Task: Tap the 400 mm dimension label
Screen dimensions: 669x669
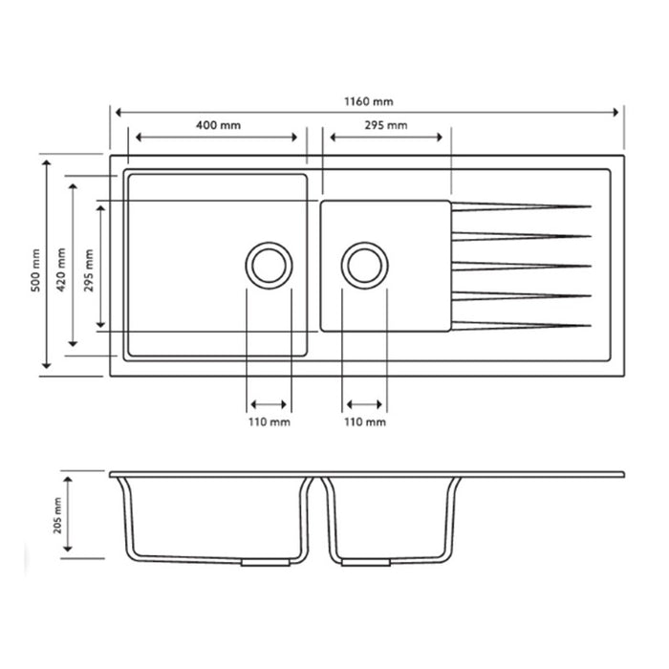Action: click(218, 125)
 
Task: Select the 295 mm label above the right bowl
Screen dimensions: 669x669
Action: click(385, 125)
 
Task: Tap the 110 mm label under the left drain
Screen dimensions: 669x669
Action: click(269, 421)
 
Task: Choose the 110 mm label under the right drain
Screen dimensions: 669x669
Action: click(364, 421)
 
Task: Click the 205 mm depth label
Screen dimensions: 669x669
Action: click(56, 516)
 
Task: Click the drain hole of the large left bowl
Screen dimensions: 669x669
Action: click(269, 265)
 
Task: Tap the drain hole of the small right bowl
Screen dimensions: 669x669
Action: click(365, 265)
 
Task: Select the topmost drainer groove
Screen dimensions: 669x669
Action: click(521, 206)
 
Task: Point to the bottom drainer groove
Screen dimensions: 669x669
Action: click(521, 324)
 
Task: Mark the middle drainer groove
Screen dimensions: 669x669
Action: click(521, 265)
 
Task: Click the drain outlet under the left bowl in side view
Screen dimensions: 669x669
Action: click(265, 564)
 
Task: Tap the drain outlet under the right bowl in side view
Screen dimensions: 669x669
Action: click(365, 564)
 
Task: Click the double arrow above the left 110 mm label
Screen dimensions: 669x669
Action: click(269, 403)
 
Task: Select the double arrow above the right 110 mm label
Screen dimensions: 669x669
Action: click(364, 403)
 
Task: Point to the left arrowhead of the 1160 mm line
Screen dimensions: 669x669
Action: click(116, 112)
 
